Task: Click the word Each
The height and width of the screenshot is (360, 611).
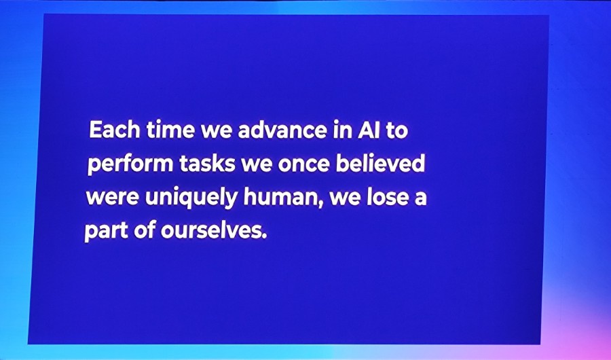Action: [115, 130]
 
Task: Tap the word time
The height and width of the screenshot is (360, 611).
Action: [170, 130]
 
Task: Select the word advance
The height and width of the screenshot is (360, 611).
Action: [282, 130]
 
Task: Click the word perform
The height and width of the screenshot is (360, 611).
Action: [130, 164]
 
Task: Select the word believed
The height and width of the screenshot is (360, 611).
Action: [380, 163]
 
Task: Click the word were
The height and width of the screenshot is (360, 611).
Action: [112, 198]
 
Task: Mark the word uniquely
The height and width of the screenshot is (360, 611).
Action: [191, 198]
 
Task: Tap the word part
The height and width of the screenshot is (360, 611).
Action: [106, 231]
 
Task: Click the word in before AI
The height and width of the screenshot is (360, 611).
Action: [342, 130]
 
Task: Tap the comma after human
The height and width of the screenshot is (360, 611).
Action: [322, 204]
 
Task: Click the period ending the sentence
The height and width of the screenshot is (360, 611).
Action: [265, 237]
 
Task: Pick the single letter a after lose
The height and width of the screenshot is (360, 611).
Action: [420, 198]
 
